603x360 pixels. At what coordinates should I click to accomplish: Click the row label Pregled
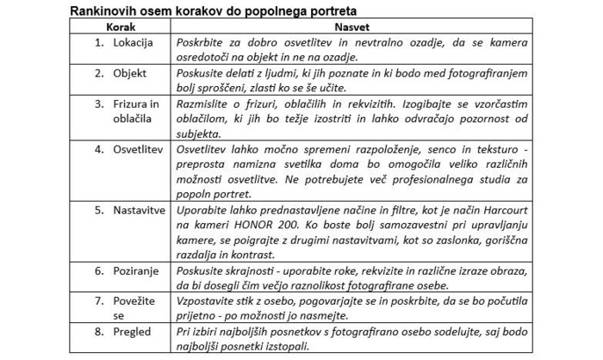pos(130,331)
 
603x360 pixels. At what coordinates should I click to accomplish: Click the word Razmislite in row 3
pos(201,103)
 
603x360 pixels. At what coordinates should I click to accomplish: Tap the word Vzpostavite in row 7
pos(203,301)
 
